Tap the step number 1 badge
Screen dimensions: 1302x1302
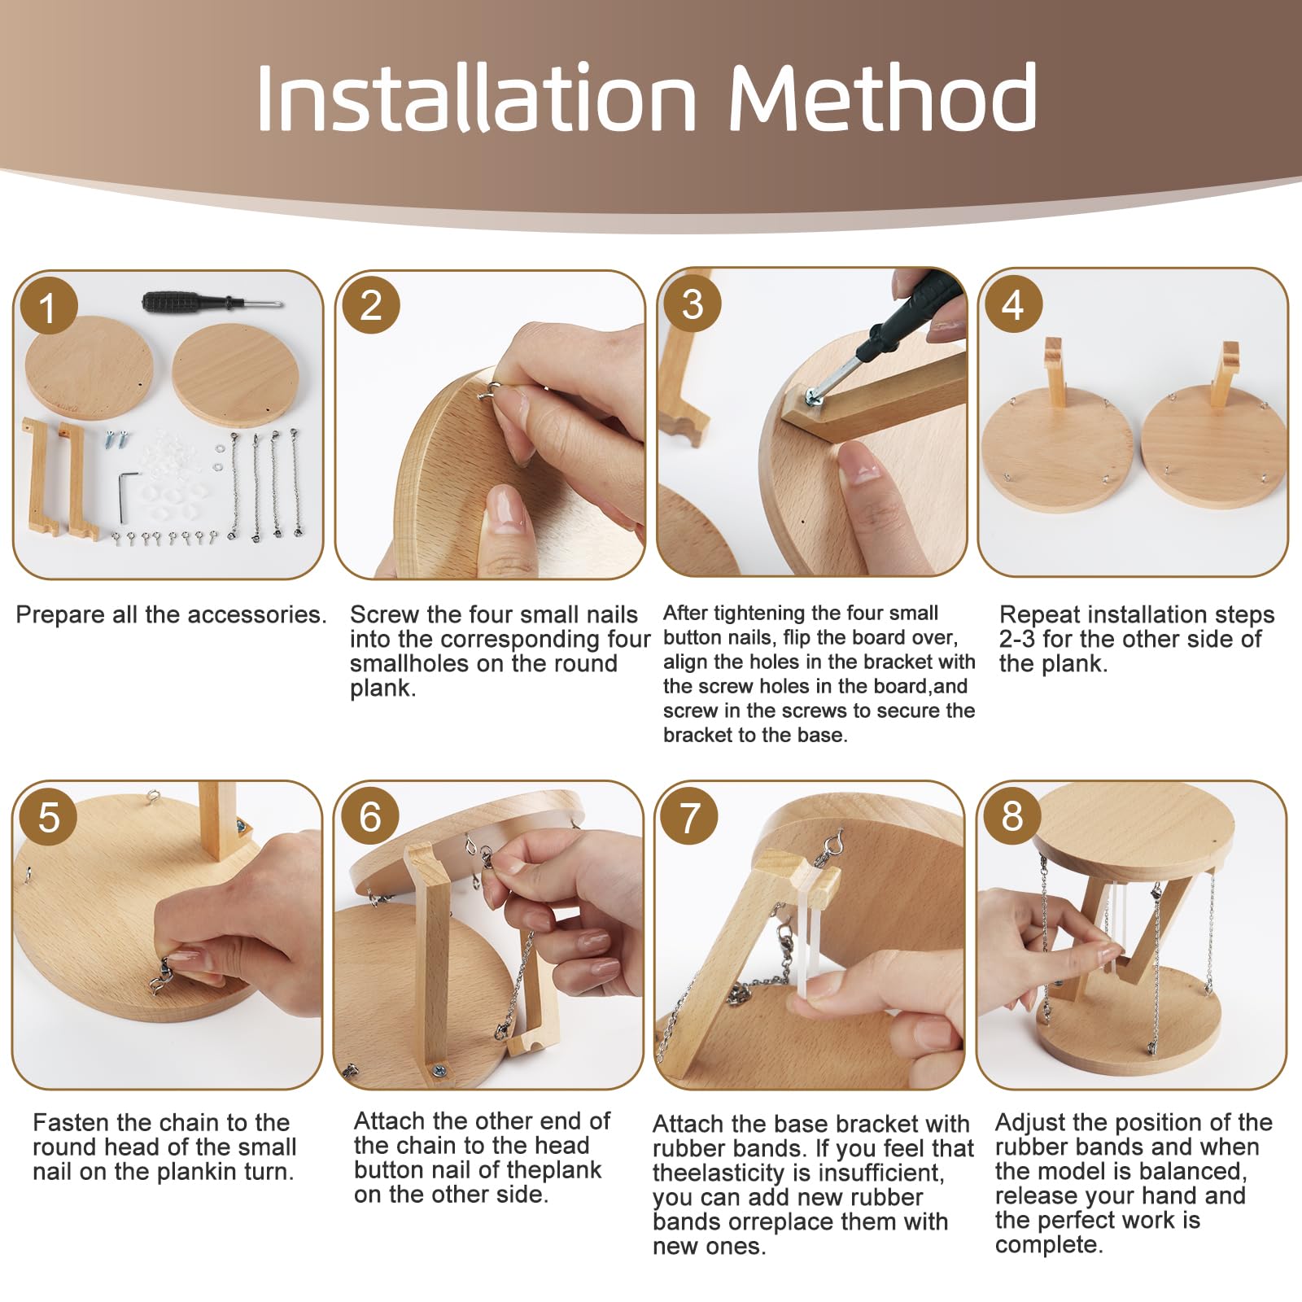click(48, 308)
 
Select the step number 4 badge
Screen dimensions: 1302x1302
click(1012, 305)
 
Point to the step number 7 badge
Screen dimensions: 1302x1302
click(690, 816)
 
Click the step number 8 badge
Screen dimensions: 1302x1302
click(1012, 816)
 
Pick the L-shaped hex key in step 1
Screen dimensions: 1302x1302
click(123, 497)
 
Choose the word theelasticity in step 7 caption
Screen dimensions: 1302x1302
click(738, 1173)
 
